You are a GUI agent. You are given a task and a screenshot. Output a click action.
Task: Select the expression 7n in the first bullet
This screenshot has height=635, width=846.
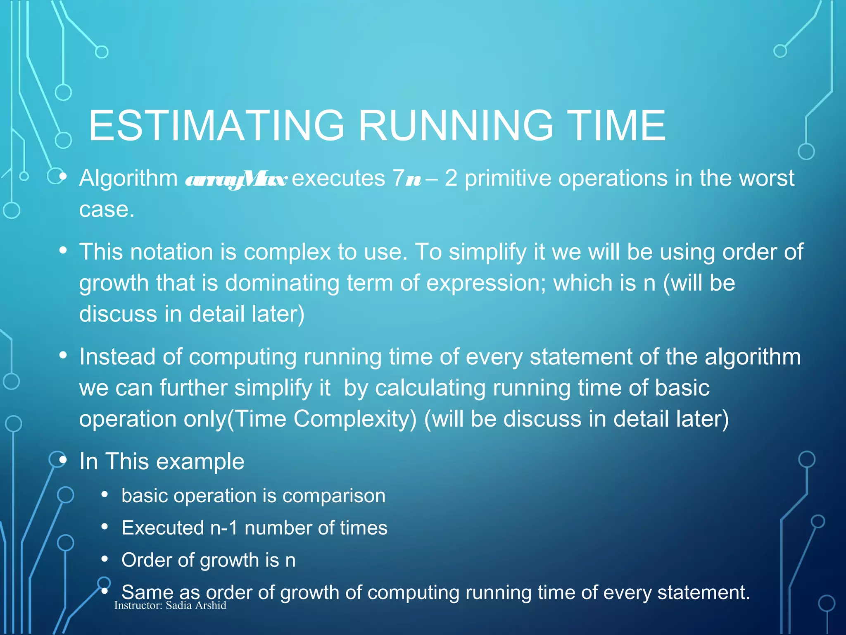406,179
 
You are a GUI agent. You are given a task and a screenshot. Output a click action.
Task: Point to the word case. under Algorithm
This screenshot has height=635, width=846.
107,210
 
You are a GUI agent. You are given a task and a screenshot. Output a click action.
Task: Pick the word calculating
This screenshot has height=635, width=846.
430,388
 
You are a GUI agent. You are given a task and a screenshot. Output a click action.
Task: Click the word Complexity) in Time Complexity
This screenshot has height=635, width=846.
355,419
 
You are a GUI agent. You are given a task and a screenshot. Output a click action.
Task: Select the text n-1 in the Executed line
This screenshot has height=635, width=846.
224,528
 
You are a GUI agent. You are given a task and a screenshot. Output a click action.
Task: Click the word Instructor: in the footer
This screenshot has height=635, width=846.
138,606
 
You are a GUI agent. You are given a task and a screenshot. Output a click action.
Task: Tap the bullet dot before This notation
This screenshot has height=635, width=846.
63,251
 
